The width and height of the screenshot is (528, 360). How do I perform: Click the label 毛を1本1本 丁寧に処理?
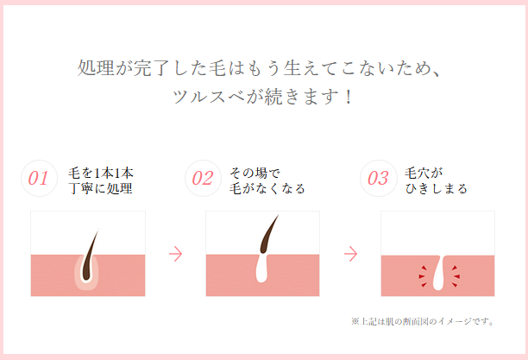(x=101, y=180)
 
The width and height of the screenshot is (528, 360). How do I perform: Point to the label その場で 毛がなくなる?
(x=267, y=180)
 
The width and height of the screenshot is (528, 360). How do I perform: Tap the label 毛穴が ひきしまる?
(x=436, y=180)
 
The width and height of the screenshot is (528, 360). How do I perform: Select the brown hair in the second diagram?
(x=268, y=235)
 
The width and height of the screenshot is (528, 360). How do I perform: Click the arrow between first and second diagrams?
(x=175, y=254)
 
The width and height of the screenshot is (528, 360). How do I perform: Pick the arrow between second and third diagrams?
(x=350, y=254)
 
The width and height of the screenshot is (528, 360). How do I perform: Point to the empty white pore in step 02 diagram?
(x=262, y=269)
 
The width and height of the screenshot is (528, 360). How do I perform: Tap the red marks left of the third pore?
(x=423, y=276)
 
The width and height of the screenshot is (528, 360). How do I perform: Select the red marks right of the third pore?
(x=456, y=276)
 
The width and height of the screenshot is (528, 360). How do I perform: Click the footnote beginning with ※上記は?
(x=423, y=321)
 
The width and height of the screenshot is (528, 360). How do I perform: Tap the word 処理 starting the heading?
(x=96, y=68)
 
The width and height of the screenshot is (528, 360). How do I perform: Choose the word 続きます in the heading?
(x=301, y=97)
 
